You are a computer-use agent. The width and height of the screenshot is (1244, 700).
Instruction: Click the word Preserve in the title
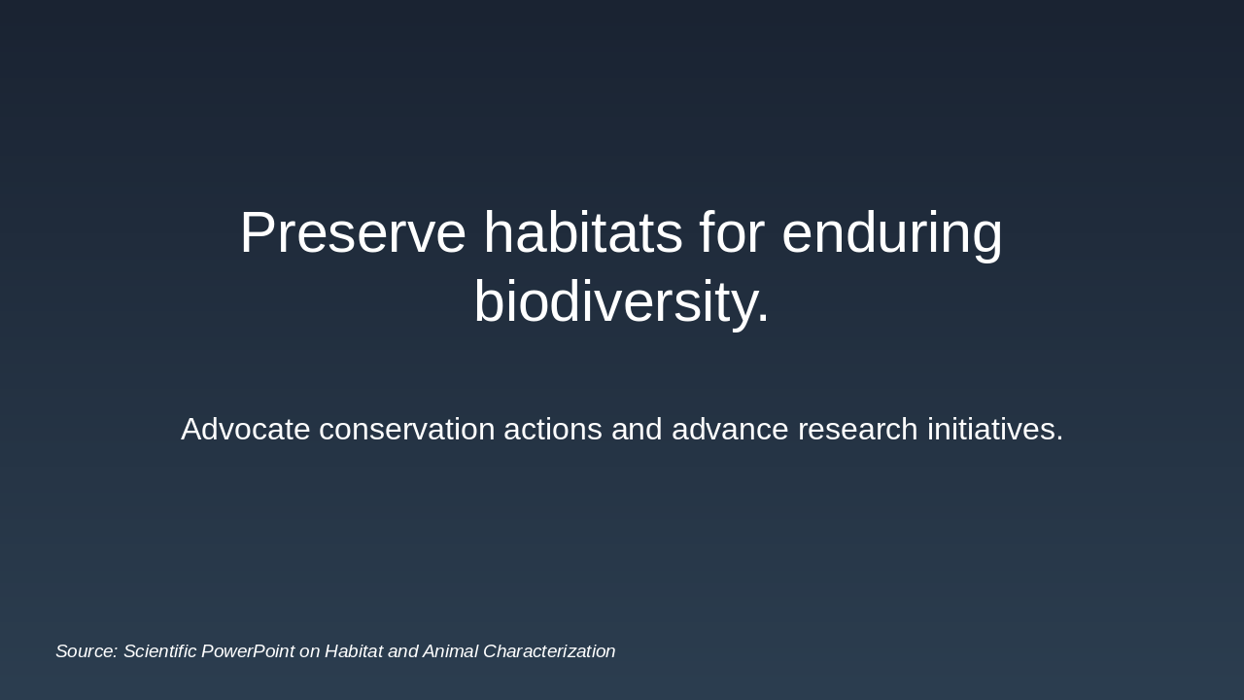(353, 232)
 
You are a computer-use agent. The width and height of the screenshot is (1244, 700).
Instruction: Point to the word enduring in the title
(892, 235)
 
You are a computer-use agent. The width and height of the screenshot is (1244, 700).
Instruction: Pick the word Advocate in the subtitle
(246, 429)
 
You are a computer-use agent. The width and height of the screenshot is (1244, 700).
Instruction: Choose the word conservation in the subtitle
(407, 429)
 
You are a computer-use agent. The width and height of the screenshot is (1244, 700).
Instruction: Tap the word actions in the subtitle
(553, 429)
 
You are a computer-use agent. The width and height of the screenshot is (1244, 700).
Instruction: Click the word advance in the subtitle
(730, 429)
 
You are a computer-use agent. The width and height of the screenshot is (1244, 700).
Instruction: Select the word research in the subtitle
(857, 429)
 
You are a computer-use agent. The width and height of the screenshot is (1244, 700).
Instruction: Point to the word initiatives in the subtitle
(990, 429)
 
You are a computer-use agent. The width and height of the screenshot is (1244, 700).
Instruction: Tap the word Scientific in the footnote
(160, 651)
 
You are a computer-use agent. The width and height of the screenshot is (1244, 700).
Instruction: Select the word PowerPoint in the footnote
(248, 651)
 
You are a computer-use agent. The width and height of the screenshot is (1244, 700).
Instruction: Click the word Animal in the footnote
(450, 651)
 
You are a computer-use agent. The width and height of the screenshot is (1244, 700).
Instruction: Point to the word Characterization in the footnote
(549, 651)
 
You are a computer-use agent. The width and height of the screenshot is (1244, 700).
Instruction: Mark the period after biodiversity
(763, 318)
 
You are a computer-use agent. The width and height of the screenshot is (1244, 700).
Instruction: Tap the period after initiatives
(1059, 438)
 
